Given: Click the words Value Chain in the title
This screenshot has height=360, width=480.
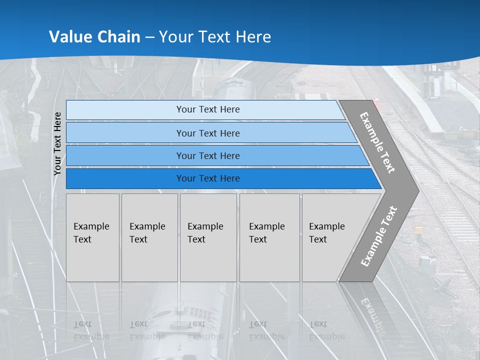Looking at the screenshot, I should pyautogui.click(x=94, y=36).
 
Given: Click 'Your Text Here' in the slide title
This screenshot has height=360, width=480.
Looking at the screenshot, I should pyautogui.click(x=215, y=36).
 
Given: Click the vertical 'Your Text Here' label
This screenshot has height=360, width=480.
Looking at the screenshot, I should pyautogui.click(x=57, y=143).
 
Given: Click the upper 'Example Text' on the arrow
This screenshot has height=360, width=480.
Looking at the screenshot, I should pyautogui.click(x=377, y=142).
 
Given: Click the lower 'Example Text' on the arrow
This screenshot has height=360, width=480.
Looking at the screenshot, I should pyautogui.click(x=378, y=236).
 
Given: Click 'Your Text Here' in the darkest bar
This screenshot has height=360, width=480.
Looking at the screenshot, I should pyautogui.click(x=208, y=178).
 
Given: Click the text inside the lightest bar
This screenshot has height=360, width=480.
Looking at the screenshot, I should pyautogui.click(x=208, y=109).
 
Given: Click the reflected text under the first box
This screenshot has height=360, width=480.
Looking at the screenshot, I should pyautogui.click(x=91, y=330).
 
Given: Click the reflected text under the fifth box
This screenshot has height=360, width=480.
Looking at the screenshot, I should pyautogui.click(x=326, y=330).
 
